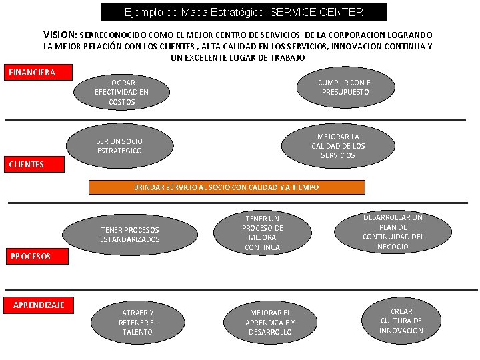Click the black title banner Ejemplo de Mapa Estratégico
(244, 12)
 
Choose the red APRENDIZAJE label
(39, 305)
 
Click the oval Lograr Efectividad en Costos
(121, 92)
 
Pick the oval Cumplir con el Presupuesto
(345, 87)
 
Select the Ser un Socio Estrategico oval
(119, 146)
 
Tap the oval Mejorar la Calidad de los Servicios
(338, 146)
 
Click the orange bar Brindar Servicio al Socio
(227, 187)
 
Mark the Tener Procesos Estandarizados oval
(130, 235)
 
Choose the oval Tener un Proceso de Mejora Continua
(263, 233)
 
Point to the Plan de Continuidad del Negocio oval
(393, 232)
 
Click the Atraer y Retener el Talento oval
(138, 322)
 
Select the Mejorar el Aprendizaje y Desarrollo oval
(269, 322)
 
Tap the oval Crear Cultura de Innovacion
(401, 321)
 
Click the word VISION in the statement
(60, 34)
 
